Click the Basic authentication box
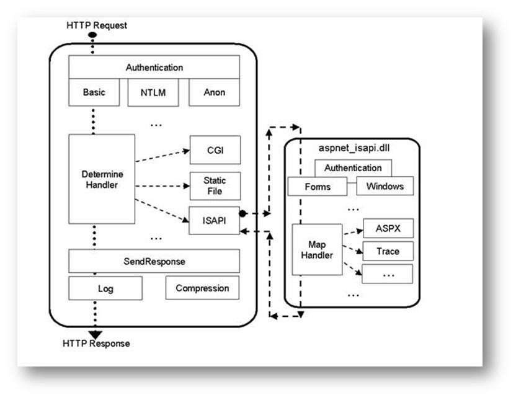click(94, 92)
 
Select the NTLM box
click(153, 92)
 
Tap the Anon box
click(214, 92)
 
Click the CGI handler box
click(215, 150)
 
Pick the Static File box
click(215, 186)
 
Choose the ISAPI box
click(214, 220)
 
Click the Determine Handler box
click(102, 179)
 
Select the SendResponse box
click(154, 261)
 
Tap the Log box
click(105, 288)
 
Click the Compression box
click(202, 288)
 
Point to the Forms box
click(318, 187)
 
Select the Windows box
click(385, 186)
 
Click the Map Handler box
click(318, 250)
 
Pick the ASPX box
click(388, 228)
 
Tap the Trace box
click(388, 251)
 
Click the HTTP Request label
click(97, 25)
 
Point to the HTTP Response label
click(96, 344)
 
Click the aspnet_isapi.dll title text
click(354, 148)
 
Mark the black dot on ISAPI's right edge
click(242, 213)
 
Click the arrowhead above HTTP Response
click(96, 334)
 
